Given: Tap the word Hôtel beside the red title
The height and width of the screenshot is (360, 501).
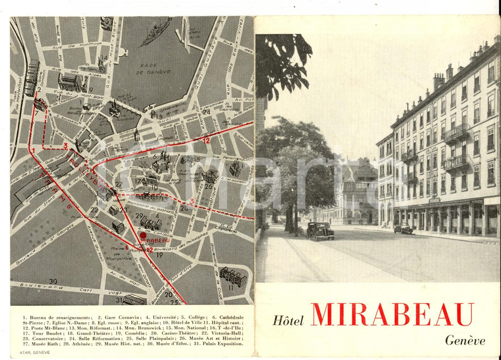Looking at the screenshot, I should (x=289, y=320).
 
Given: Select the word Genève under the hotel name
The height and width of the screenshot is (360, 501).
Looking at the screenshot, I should (x=465, y=340).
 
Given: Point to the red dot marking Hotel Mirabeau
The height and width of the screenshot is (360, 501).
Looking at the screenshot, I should (x=143, y=235).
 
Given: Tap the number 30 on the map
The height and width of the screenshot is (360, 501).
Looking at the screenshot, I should (x=53, y=281).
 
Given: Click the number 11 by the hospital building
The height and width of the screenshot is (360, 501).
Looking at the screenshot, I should (x=230, y=288).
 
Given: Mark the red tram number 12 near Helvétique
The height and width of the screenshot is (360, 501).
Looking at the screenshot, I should (x=206, y=140).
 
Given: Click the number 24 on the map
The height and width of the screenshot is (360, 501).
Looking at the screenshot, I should (x=206, y=112).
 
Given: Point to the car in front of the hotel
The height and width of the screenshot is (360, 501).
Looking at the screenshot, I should (x=403, y=228).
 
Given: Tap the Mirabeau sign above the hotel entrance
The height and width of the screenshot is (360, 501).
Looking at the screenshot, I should (x=434, y=200).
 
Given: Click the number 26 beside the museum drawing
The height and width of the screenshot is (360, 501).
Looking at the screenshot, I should (x=208, y=187).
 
